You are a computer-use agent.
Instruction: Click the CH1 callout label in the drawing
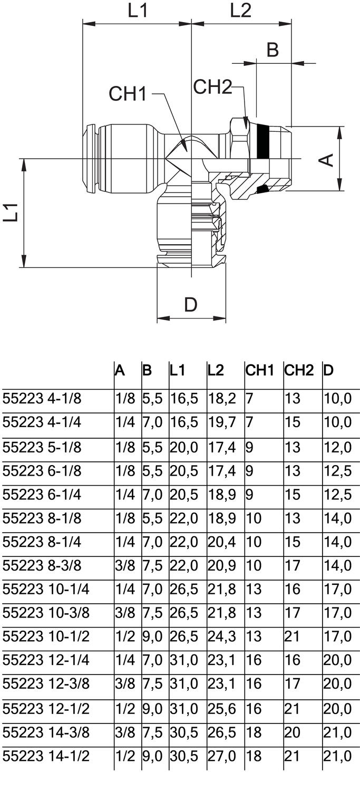[x=127, y=94]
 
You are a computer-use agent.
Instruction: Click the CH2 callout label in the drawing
[x=212, y=86]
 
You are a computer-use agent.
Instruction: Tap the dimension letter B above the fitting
[x=272, y=50]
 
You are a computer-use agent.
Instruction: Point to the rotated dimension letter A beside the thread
[x=327, y=159]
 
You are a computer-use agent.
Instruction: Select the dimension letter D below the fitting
[x=191, y=305]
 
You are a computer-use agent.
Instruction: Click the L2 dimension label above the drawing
[x=240, y=11]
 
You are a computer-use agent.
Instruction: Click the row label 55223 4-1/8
[x=42, y=398]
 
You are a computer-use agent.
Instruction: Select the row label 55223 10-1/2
[x=46, y=636]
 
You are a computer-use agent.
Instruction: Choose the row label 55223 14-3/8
[x=46, y=732]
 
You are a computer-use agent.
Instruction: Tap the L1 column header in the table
[x=178, y=370]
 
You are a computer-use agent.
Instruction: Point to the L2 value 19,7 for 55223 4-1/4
[x=222, y=422]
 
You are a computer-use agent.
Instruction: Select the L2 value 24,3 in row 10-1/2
[x=222, y=636]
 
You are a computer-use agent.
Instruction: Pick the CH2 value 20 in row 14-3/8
[x=293, y=732]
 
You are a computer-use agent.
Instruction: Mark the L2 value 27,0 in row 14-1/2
[x=222, y=756]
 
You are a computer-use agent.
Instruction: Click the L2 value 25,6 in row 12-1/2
[x=222, y=708]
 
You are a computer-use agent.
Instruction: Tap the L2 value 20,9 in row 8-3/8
[x=222, y=565]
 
